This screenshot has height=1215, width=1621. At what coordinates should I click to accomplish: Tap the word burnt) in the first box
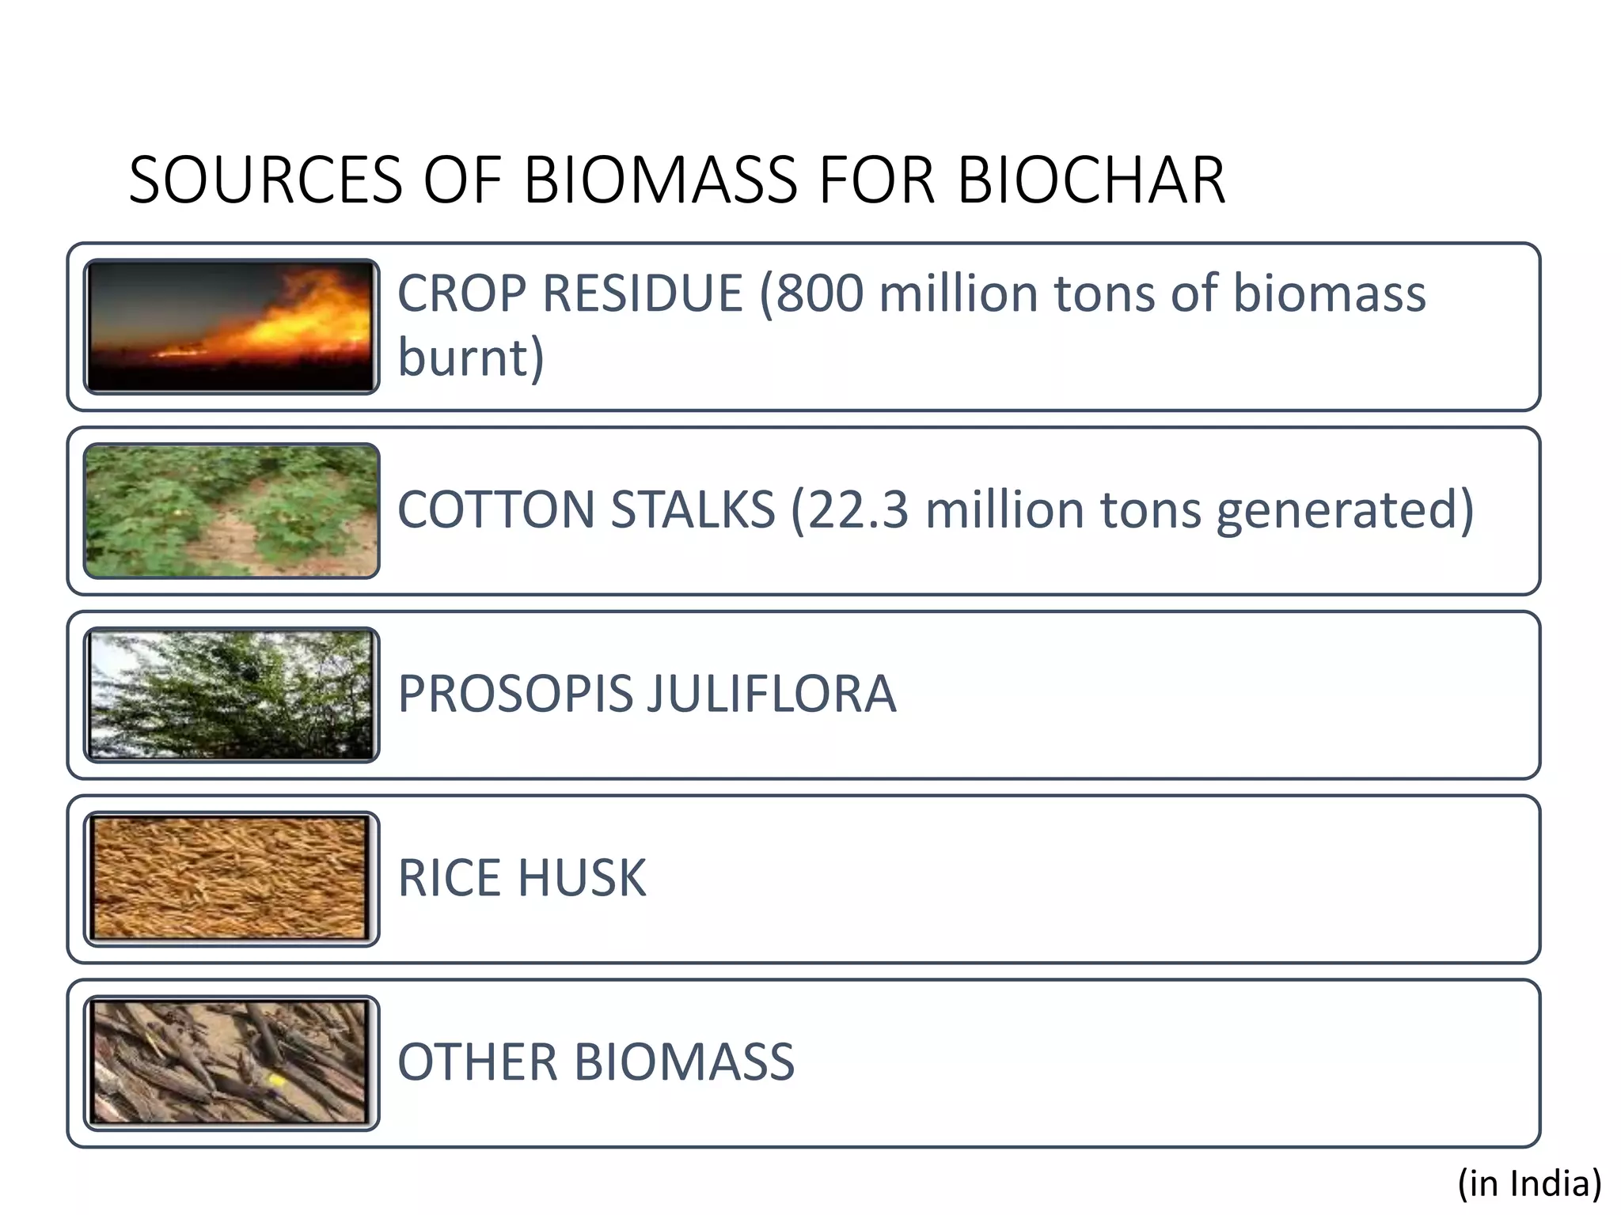coord(471,358)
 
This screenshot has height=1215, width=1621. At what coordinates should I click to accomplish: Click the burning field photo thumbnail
coord(231,326)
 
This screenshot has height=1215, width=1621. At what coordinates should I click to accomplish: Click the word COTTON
coord(495,509)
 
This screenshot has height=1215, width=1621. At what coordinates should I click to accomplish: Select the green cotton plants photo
coord(231,510)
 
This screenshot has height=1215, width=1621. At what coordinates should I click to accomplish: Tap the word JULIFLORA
coord(772,694)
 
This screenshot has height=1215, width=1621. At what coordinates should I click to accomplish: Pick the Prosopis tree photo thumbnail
coord(231,695)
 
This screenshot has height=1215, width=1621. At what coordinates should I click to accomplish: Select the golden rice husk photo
coord(231,879)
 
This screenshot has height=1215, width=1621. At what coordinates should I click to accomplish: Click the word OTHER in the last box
coord(476,1062)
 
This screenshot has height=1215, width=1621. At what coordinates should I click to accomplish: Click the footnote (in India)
coord(1529,1183)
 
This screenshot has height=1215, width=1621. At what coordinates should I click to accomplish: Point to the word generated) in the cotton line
coord(1345,509)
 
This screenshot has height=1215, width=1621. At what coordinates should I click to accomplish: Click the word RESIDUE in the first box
coord(642,294)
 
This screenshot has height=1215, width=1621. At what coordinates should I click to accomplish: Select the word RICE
coord(449,878)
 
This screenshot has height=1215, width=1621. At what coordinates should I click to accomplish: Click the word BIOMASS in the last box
coord(684,1062)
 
